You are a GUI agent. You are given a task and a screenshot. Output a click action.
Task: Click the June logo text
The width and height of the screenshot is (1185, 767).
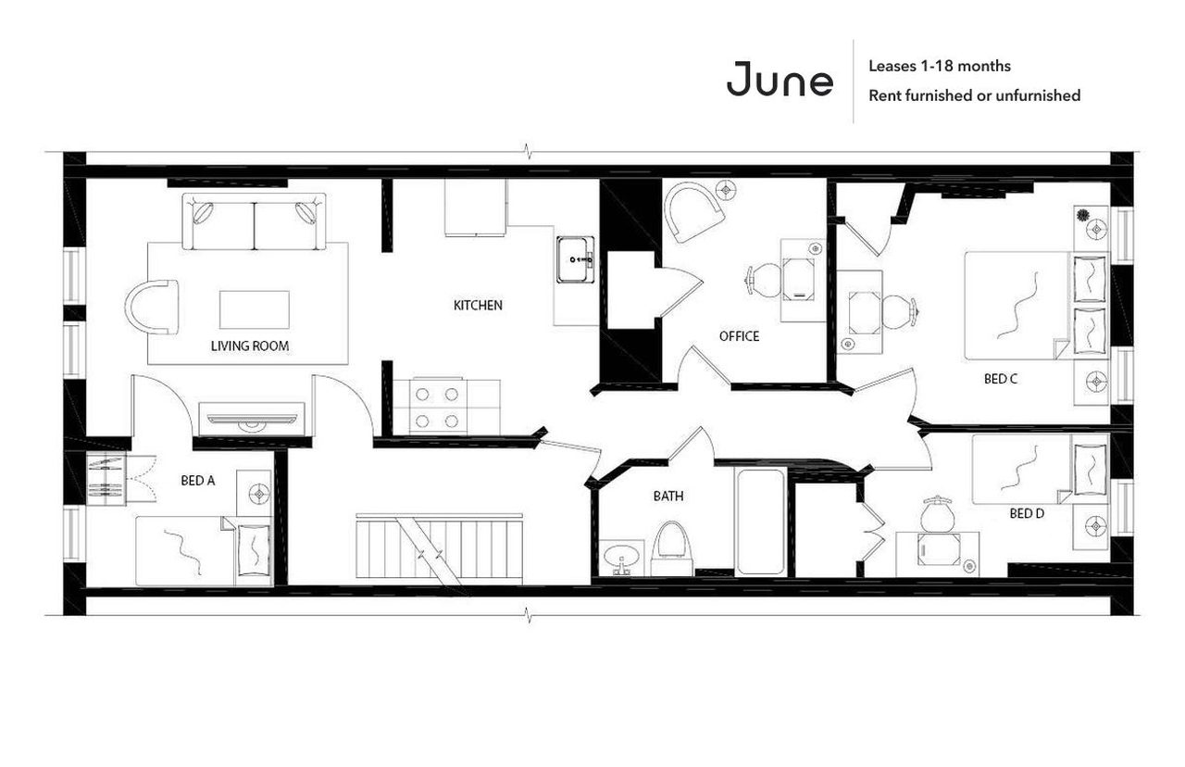tap(780, 80)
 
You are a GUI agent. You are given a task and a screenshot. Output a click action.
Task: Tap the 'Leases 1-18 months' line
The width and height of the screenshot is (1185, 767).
tap(939, 67)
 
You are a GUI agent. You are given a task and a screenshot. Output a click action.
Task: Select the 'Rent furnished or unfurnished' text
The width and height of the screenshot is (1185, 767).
tap(974, 95)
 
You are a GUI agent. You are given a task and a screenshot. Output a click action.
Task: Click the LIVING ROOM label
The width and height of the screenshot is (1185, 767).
tap(250, 346)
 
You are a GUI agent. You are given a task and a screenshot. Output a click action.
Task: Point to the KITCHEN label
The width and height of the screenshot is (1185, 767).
tap(478, 305)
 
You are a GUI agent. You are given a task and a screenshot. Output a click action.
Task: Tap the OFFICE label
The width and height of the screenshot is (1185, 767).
tap(739, 336)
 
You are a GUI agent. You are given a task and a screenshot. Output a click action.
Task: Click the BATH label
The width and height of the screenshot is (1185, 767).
tap(668, 497)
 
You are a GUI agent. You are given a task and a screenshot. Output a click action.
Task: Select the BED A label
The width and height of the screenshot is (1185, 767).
tap(198, 481)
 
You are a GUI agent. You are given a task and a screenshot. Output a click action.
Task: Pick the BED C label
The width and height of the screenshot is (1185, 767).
tap(1001, 379)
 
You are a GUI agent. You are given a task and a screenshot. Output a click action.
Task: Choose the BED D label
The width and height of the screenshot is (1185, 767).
tap(1027, 513)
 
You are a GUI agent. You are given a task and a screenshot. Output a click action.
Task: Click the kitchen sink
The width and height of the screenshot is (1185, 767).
tap(576, 258)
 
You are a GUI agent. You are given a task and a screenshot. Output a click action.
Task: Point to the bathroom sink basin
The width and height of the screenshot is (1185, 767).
tap(617, 559)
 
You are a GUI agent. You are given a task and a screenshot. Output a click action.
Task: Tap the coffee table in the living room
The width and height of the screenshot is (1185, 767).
tap(254, 309)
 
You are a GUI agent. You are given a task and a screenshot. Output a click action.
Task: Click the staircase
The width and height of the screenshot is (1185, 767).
tap(439, 549)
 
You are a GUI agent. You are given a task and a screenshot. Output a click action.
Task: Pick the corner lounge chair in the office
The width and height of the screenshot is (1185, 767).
tap(694, 211)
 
